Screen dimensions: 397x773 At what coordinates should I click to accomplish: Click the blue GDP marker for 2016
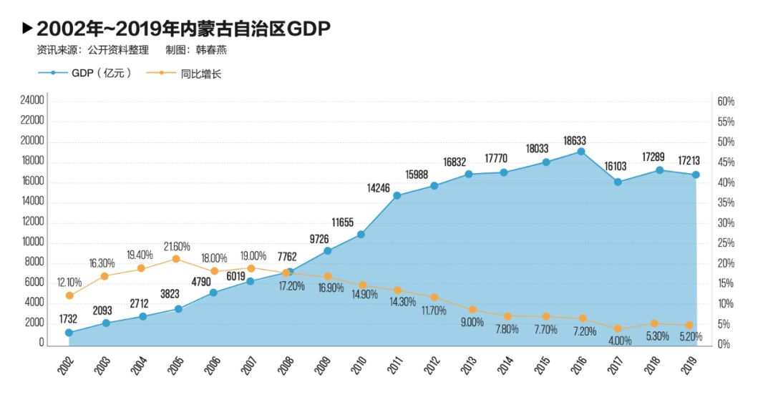click(580, 152)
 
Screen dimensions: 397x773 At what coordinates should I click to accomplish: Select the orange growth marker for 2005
click(178, 259)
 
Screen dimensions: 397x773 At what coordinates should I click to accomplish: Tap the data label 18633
click(580, 140)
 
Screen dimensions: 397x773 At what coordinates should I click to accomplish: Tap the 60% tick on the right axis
click(726, 102)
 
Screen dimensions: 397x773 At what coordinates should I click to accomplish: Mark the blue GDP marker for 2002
click(69, 333)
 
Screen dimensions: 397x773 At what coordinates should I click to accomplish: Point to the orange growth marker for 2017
click(618, 330)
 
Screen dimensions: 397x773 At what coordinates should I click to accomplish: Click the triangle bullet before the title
click(27, 28)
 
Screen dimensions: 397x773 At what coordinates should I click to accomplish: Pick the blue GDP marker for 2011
click(397, 195)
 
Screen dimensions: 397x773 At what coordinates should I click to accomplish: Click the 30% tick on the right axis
click(726, 223)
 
